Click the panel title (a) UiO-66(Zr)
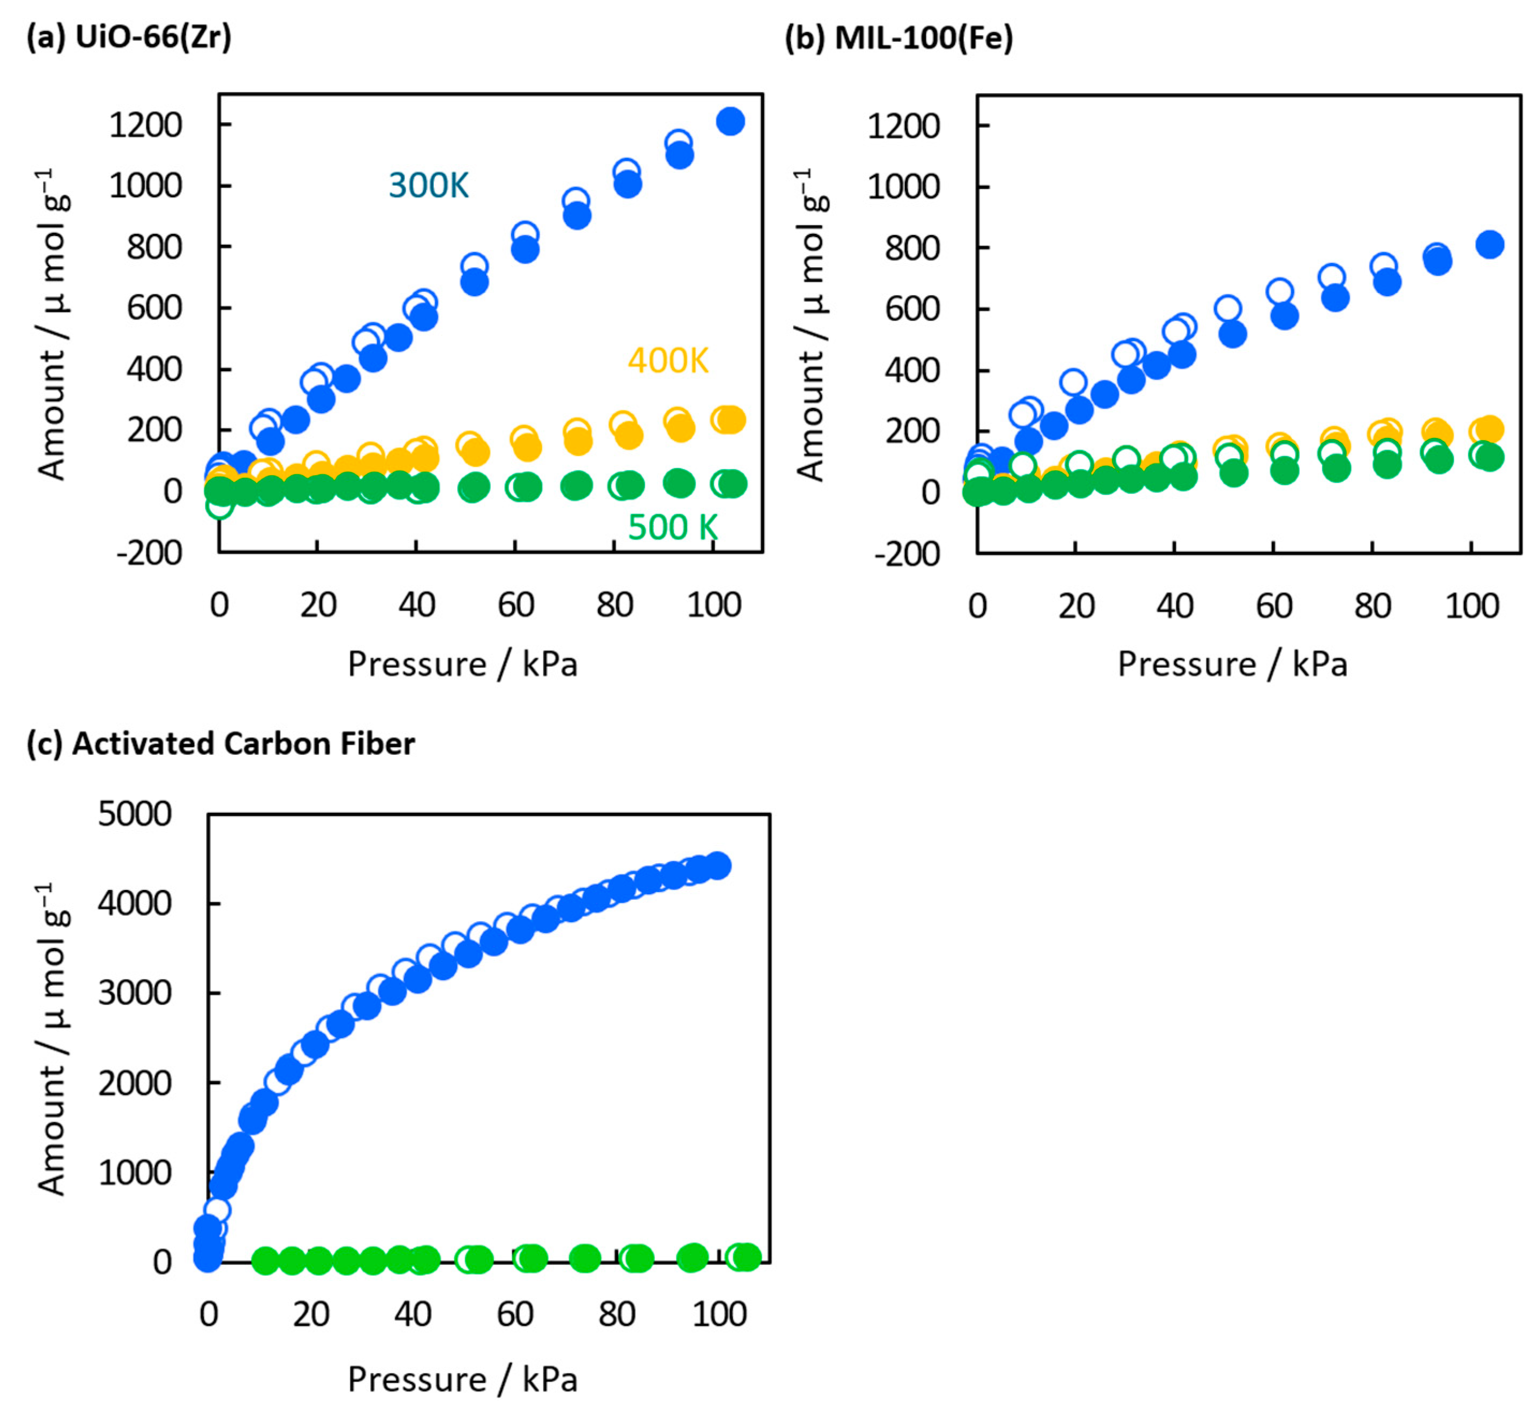click(x=128, y=36)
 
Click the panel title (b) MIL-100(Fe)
click(x=899, y=36)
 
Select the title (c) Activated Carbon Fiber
click(x=220, y=743)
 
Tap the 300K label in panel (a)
click(x=428, y=185)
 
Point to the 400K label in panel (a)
click(x=667, y=360)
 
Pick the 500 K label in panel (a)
click(x=673, y=527)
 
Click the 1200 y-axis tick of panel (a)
click(x=145, y=124)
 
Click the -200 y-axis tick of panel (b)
click(x=907, y=554)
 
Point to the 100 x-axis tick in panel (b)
click(x=1472, y=606)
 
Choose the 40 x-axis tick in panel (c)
click(x=413, y=1314)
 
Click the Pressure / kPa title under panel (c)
click(x=462, y=1379)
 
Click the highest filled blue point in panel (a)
click(x=730, y=121)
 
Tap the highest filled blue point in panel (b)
click(x=1489, y=245)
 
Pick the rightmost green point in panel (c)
click(x=747, y=1256)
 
